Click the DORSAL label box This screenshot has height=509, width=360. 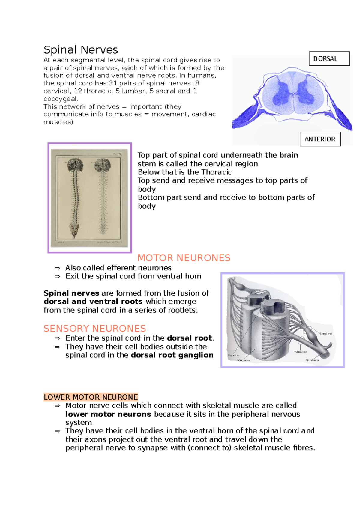tap(329, 58)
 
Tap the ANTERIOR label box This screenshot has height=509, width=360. tap(320, 139)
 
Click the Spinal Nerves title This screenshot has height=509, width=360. tap(81, 50)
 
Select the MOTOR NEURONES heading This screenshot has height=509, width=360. tap(184, 258)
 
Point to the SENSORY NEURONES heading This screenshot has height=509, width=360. tap(95, 328)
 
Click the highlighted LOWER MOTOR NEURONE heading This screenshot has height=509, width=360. tap(91, 397)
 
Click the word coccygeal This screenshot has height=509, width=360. tap(61, 99)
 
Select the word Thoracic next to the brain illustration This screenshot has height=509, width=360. tap(217, 172)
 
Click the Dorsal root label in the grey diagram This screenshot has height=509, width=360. tap(325, 333)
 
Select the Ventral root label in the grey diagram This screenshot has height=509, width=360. tap(300, 352)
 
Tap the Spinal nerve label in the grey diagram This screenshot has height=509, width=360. tap(312, 360)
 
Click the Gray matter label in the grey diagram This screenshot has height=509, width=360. tap(233, 355)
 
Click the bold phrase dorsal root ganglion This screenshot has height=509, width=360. tap(172, 355)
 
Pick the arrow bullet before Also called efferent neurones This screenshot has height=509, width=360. tap(58, 268)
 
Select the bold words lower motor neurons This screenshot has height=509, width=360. tap(108, 414)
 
